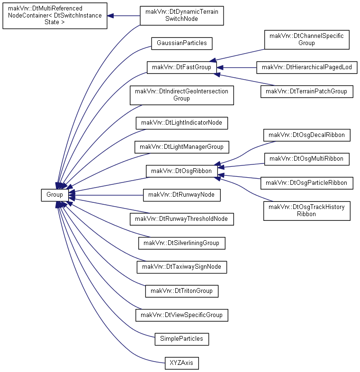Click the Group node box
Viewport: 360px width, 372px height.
(x=55, y=195)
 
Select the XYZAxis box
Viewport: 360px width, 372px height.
(x=182, y=363)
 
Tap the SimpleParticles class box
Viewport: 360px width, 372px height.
(x=182, y=339)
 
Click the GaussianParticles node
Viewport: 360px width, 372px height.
(x=182, y=44)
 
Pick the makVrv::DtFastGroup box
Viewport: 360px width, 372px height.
(x=182, y=68)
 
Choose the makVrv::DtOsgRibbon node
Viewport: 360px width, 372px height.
(x=182, y=171)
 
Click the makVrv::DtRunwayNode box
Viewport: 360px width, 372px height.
(x=182, y=195)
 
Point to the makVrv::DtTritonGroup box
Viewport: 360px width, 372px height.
(x=182, y=291)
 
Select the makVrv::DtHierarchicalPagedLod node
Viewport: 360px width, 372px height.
(x=307, y=68)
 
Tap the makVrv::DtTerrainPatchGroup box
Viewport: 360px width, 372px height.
(x=307, y=91)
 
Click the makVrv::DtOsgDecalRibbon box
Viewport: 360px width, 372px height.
(x=307, y=135)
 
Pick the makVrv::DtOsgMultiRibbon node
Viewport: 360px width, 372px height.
(x=307, y=159)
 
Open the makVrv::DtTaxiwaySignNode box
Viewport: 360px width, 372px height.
(x=182, y=267)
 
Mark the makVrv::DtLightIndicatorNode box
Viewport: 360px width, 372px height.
(x=182, y=123)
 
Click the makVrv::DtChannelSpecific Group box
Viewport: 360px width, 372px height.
(x=307, y=40)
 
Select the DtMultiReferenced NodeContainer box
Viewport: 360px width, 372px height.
(x=55, y=16)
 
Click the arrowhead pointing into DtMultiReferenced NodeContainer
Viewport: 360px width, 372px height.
(x=110, y=16)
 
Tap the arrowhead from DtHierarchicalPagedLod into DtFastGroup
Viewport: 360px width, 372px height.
(x=220, y=68)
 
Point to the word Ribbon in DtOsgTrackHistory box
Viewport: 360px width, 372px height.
(x=306, y=214)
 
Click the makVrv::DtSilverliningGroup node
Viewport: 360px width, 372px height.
(x=182, y=243)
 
